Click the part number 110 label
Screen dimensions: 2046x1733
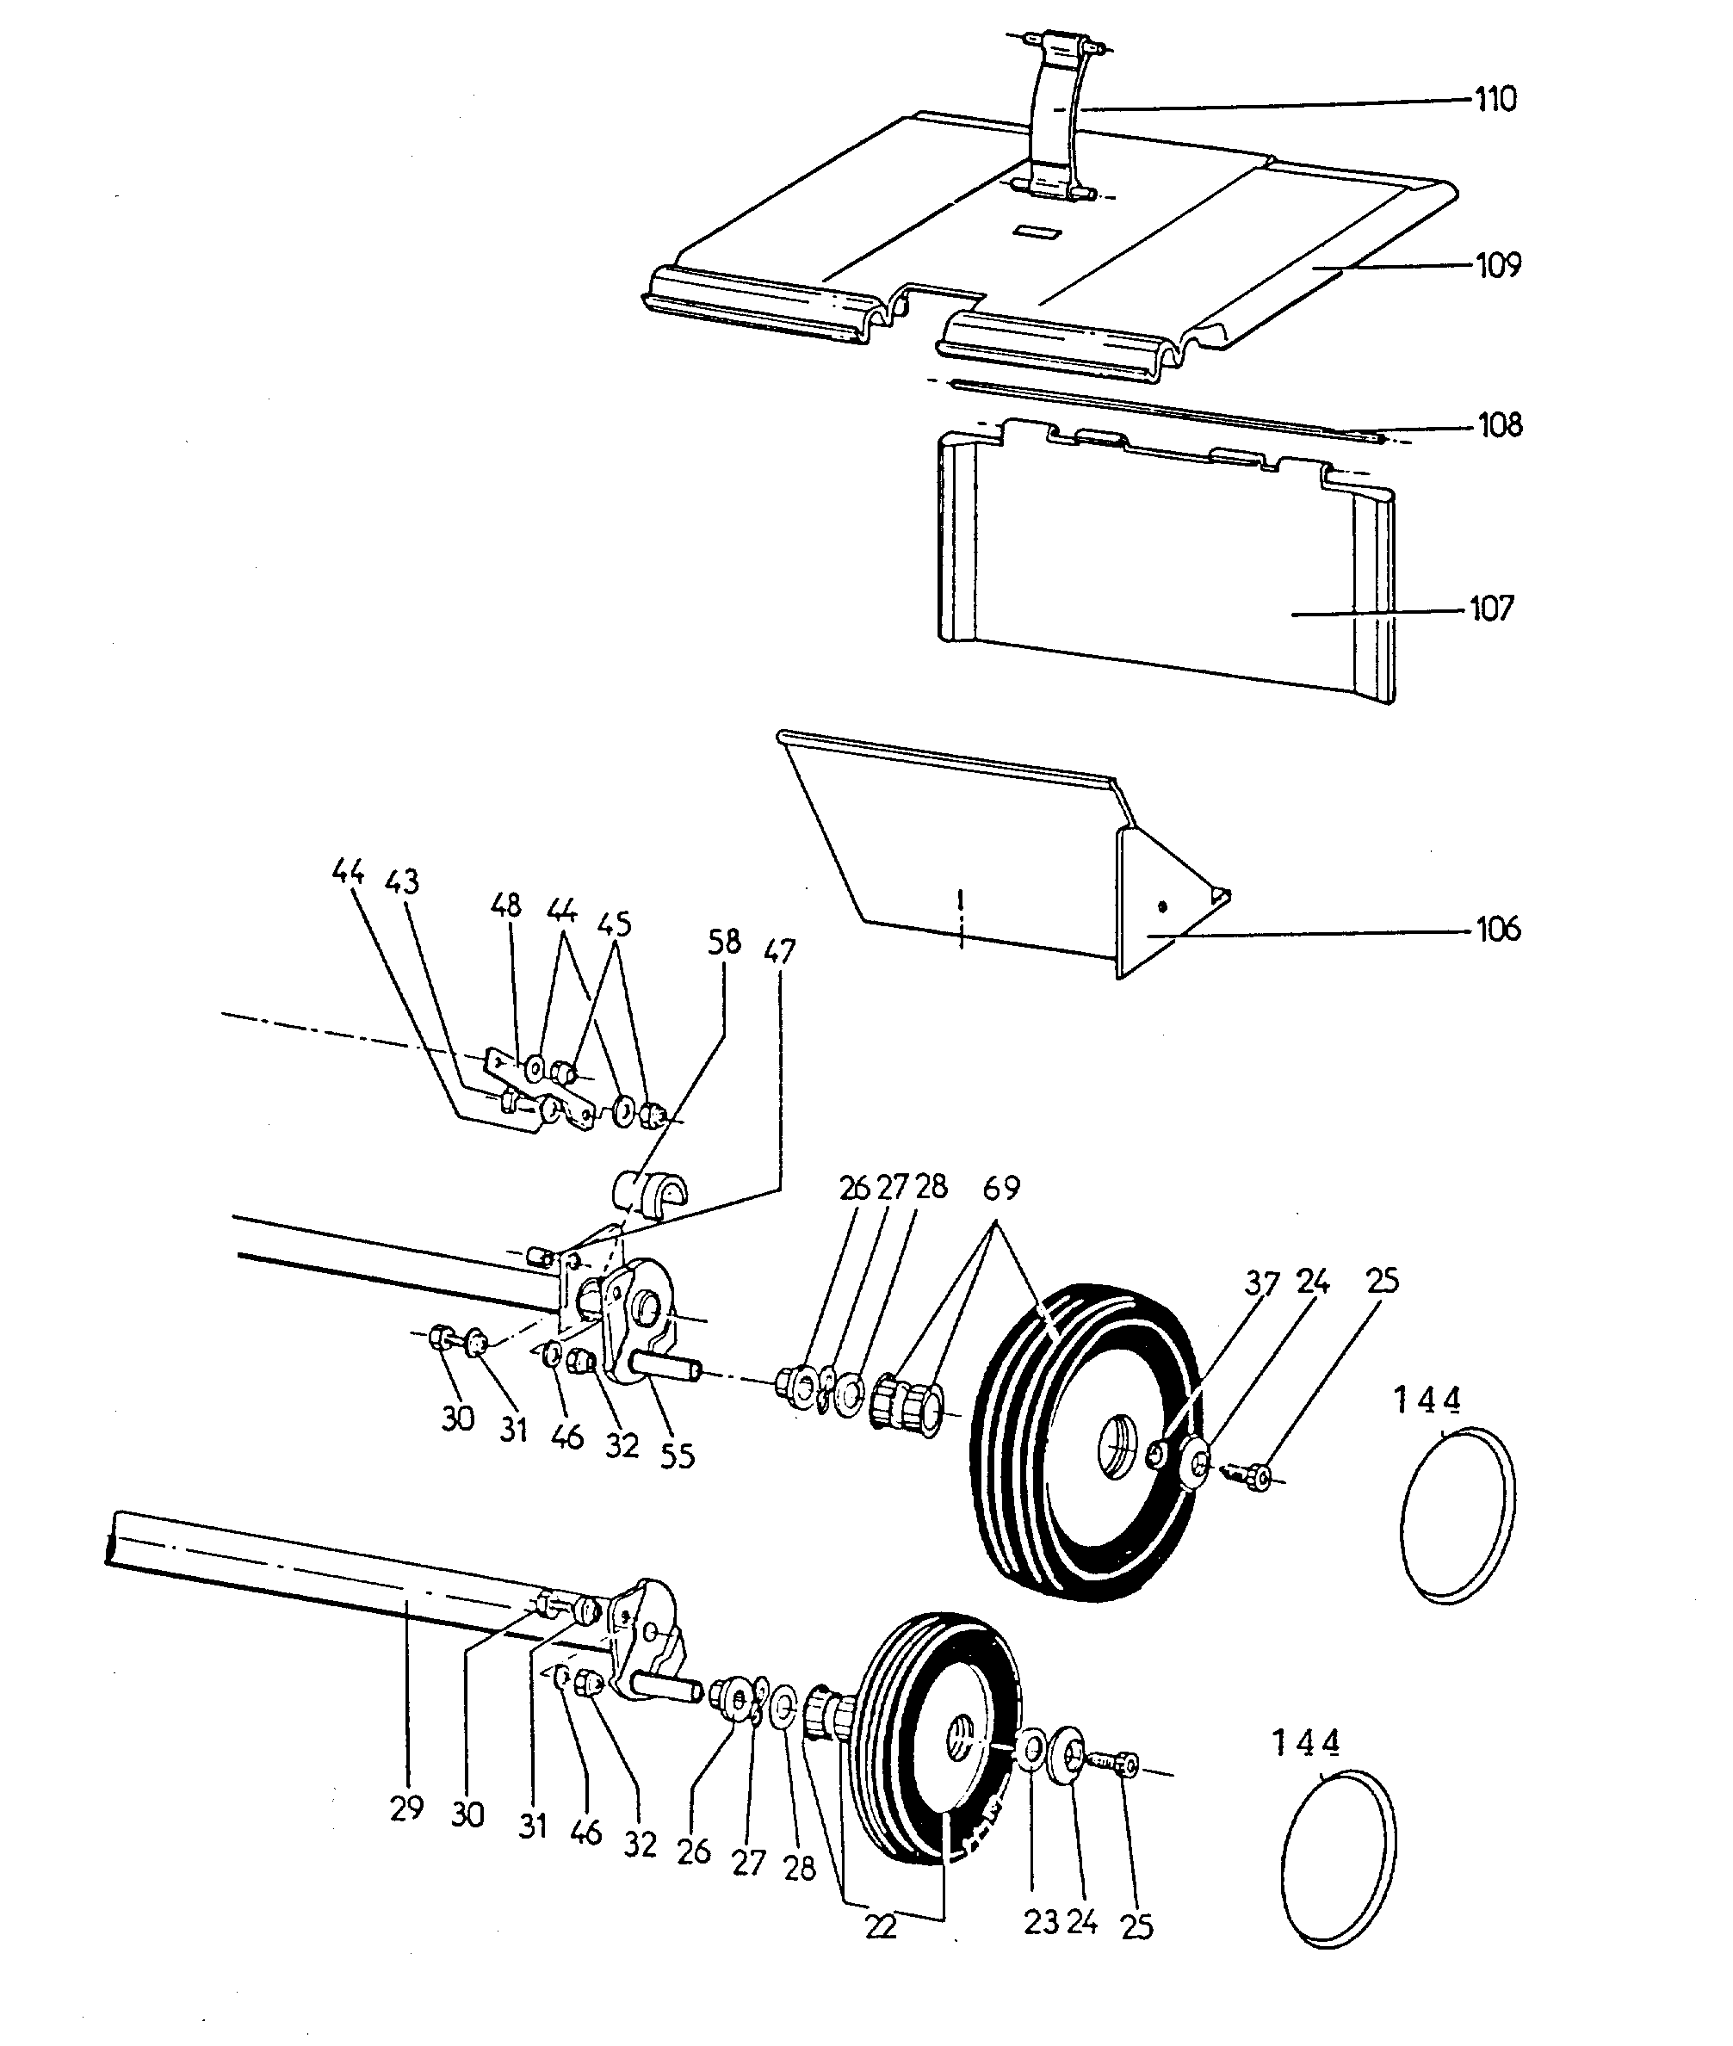1495,99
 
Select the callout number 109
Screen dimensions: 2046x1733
1498,265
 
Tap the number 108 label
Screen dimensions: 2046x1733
1501,424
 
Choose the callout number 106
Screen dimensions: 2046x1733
1498,928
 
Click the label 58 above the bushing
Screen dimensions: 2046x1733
724,942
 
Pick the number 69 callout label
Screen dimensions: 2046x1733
1001,1189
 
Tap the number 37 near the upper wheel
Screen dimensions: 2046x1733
1262,1283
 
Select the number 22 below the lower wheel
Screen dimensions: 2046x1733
882,1928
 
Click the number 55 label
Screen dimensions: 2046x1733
677,1455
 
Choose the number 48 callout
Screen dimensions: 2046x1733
506,905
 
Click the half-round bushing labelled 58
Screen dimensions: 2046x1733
649,1191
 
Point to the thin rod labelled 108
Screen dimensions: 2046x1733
1160,409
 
